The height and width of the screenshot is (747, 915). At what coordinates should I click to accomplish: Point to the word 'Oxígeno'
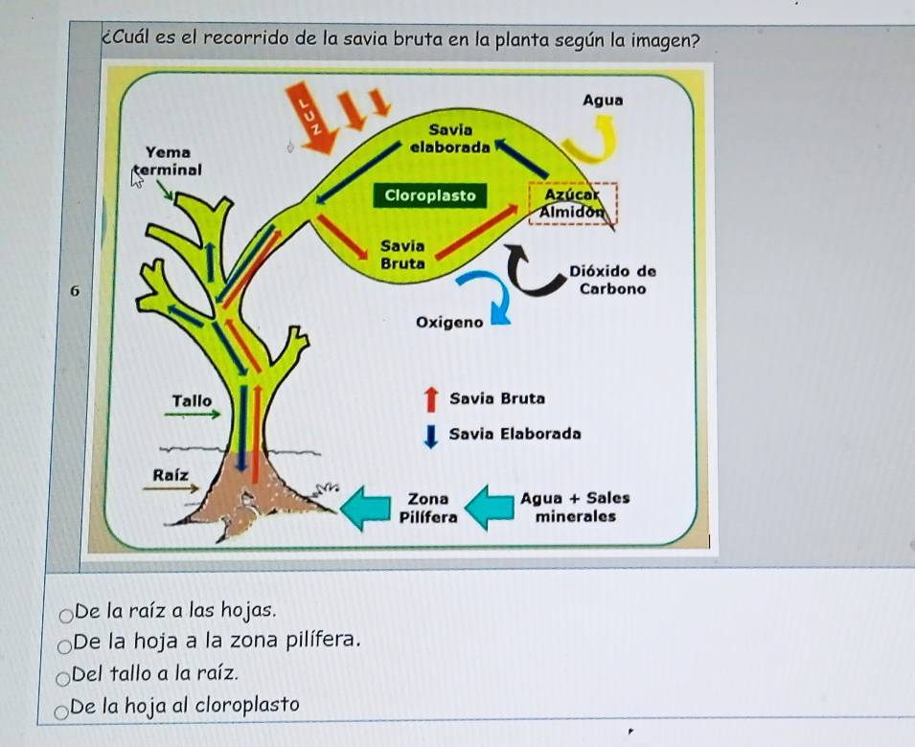tap(450, 323)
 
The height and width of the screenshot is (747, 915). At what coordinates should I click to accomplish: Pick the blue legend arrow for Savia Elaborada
tap(431, 435)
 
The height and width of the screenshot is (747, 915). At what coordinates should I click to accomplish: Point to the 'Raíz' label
tap(170, 474)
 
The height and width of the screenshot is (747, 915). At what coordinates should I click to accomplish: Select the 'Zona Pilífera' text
tap(427, 508)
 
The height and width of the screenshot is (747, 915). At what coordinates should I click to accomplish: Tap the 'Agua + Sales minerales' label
tap(575, 508)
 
